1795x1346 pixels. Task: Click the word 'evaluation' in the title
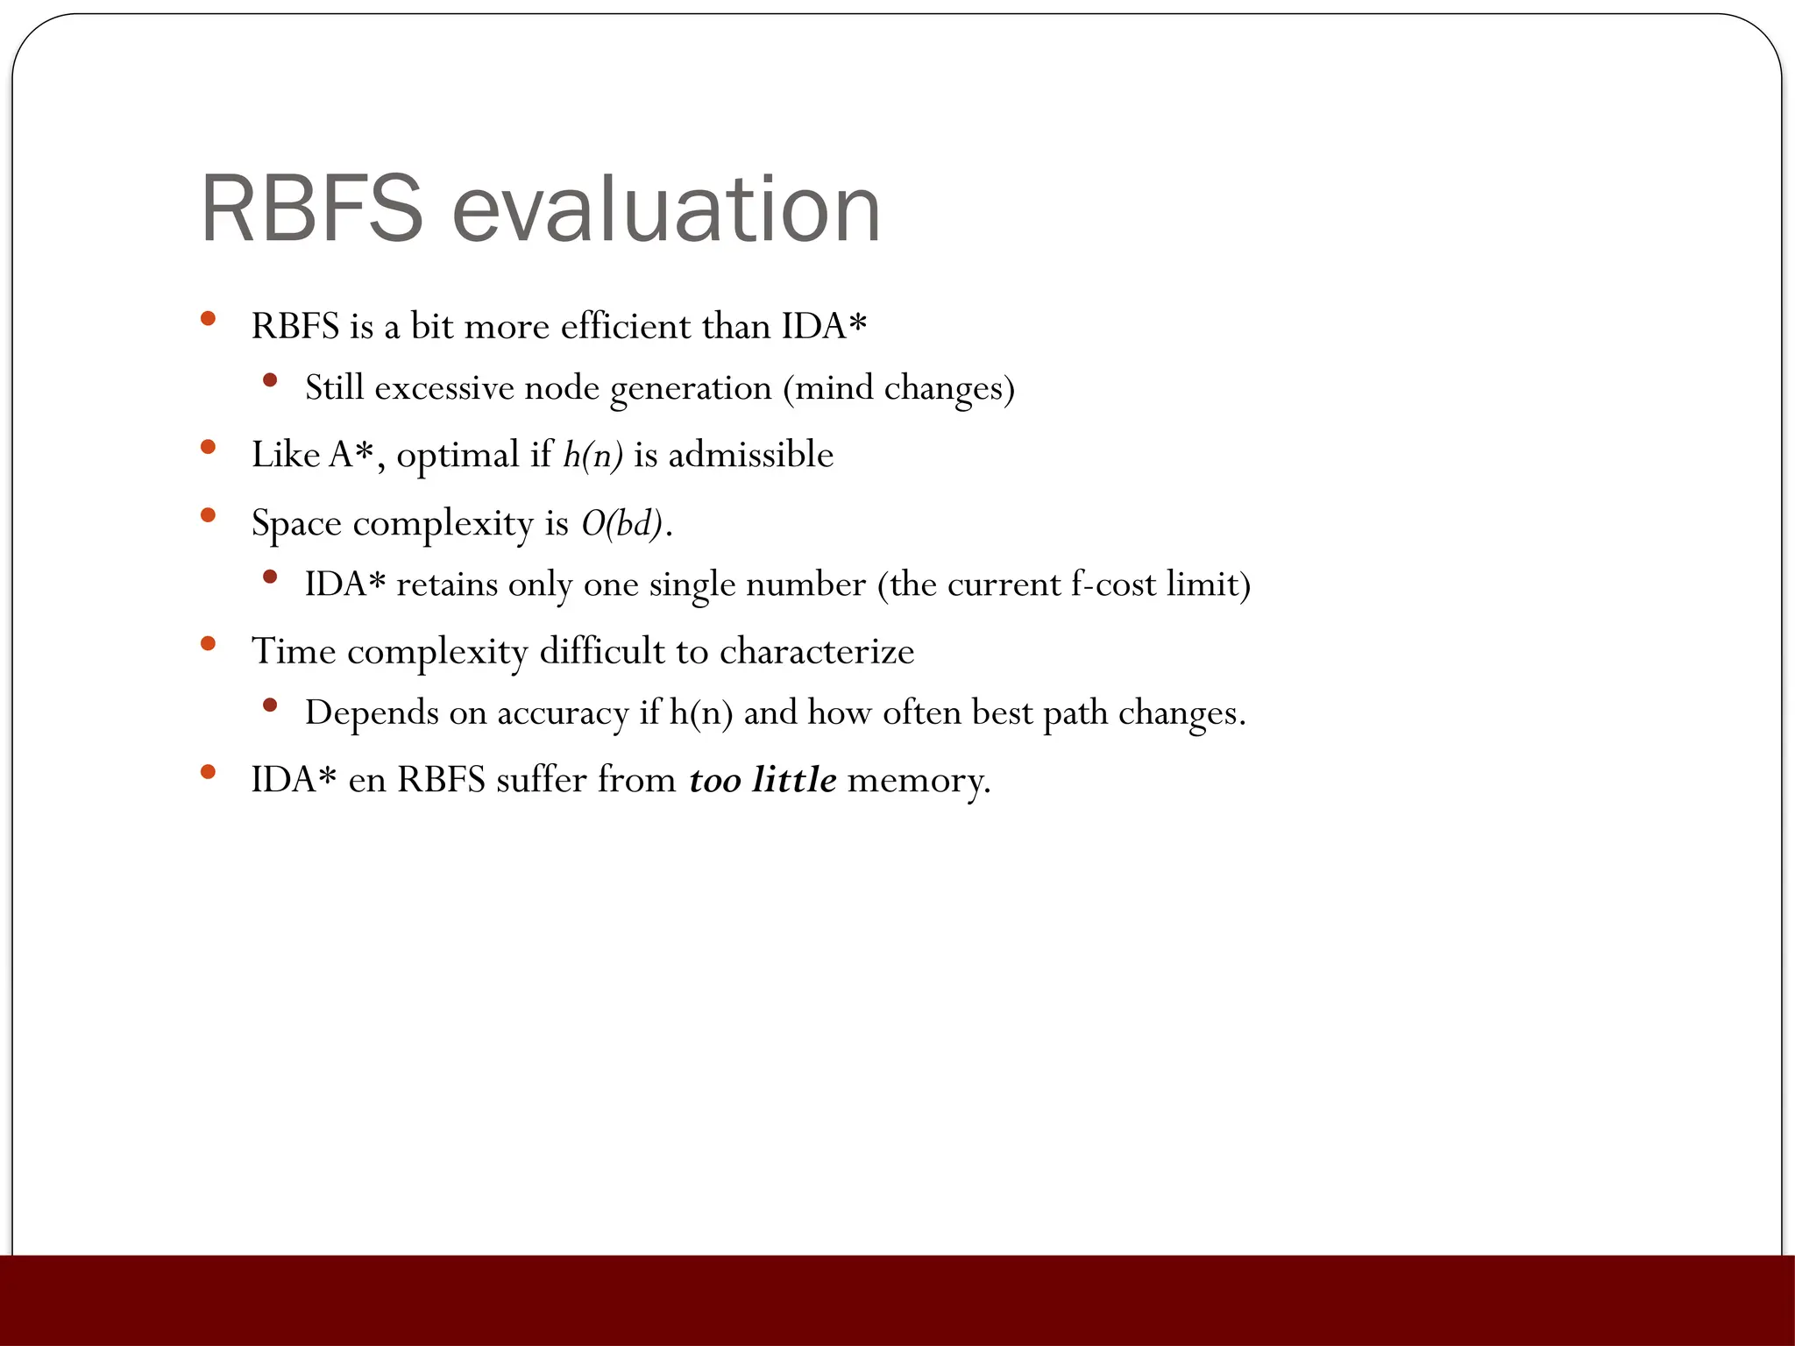point(666,210)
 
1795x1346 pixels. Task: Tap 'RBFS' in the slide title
point(312,210)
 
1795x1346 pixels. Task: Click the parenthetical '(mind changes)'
point(898,387)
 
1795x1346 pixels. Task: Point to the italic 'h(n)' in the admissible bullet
point(592,454)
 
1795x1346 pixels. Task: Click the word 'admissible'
point(750,454)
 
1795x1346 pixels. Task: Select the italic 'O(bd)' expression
point(621,523)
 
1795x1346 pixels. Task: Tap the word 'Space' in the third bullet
point(296,523)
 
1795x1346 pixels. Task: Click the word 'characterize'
point(817,651)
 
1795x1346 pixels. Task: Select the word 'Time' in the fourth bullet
point(294,651)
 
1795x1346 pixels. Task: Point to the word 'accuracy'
point(563,712)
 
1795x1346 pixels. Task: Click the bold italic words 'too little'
point(763,779)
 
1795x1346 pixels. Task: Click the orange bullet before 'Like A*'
point(208,447)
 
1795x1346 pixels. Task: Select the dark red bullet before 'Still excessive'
point(270,380)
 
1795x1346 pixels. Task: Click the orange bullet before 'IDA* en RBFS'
point(208,772)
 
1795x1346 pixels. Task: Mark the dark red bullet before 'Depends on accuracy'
point(270,705)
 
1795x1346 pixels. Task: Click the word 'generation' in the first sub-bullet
point(691,387)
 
